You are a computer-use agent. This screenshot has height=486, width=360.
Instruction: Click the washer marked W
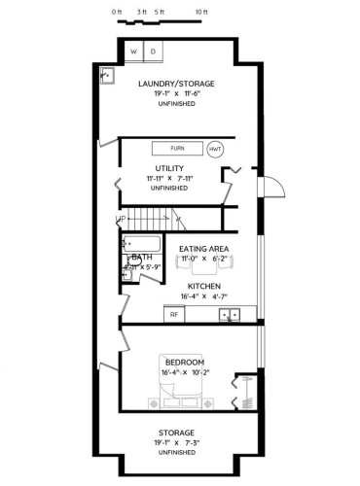[x=134, y=51]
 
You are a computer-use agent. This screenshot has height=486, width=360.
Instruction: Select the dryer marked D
[x=153, y=51]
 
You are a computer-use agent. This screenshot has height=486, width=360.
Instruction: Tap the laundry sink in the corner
[x=106, y=76]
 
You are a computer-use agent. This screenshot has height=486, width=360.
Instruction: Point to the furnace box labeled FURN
[x=177, y=149]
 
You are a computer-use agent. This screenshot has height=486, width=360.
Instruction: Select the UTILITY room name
[x=142, y=168]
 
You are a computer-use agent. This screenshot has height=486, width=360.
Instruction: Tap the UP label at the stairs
[x=123, y=219]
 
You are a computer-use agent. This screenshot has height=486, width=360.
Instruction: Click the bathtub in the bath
[x=140, y=243]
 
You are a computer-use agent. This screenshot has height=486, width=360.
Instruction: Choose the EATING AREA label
[x=203, y=250]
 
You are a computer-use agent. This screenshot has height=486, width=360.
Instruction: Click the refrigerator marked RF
[x=175, y=315]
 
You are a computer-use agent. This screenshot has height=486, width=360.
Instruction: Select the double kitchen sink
[x=231, y=315]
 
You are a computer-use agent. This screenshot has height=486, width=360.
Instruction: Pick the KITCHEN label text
[x=203, y=286]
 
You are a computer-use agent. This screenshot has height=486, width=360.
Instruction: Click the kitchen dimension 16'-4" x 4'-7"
[x=203, y=296]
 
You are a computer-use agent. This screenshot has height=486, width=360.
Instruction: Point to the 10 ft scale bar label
[x=200, y=12]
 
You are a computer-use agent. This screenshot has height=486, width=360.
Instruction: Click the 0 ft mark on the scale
[x=117, y=12]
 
